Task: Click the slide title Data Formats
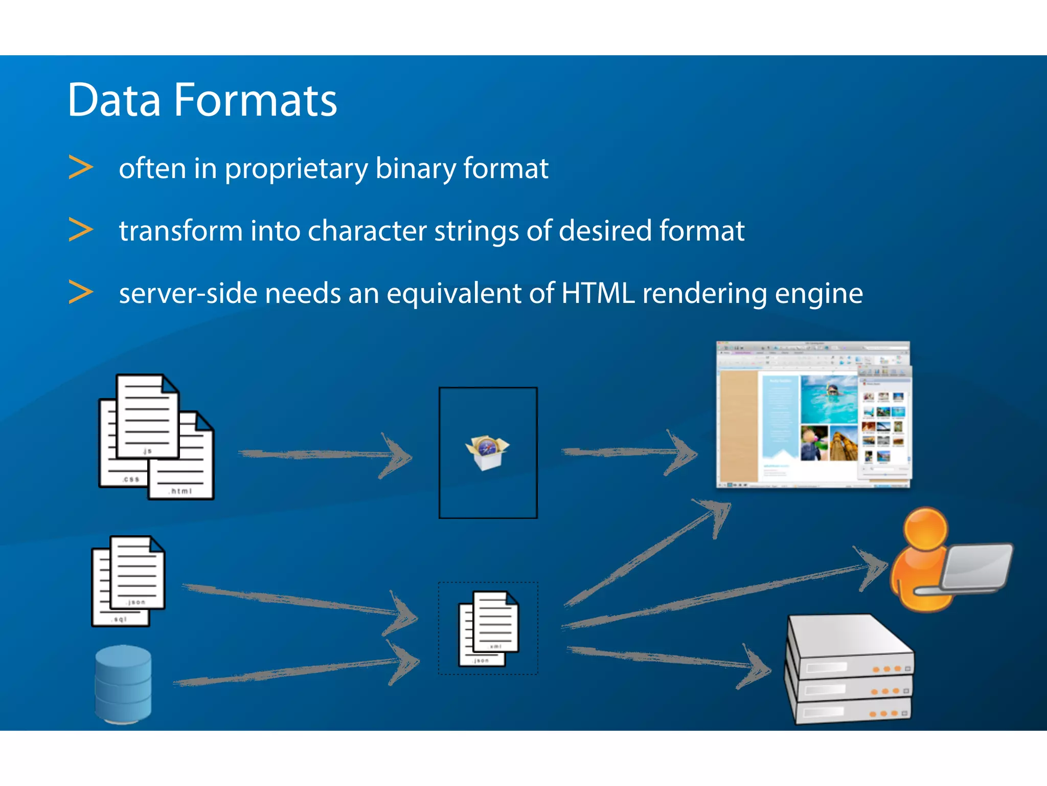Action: tap(202, 100)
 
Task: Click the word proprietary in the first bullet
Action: tap(296, 169)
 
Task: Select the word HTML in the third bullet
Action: tap(598, 293)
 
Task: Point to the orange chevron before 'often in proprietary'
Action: tap(81, 167)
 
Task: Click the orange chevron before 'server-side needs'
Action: tap(81, 292)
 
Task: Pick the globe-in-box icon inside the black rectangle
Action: tap(487, 452)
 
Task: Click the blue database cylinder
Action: tap(123, 684)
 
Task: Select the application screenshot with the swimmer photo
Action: tap(813, 414)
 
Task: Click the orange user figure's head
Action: tap(925, 527)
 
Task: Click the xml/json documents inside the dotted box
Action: tap(488, 628)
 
